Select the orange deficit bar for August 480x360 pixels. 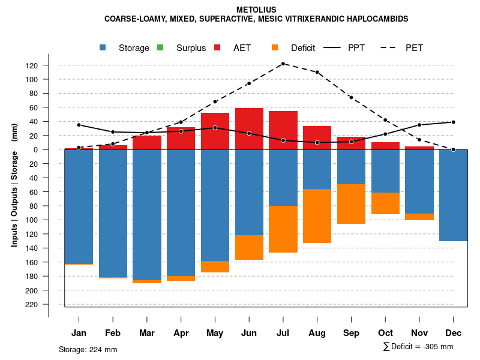click(317, 216)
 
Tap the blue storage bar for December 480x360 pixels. click(453, 195)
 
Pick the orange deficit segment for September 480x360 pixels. click(351, 204)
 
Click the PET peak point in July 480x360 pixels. click(283, 64)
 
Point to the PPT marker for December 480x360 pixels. click(453, 122)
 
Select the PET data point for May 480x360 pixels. click(215, 102)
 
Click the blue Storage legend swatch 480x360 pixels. click(104, 47)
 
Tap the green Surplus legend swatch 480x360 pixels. click(160, 47)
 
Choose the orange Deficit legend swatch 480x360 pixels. click(275, 47)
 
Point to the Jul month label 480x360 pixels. click(283, 333)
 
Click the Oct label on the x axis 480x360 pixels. click(385, 333)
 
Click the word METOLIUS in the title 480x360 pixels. click(256, 10)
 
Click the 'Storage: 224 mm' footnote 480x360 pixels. click(88, 349)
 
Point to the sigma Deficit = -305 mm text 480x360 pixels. click(418, 347)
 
